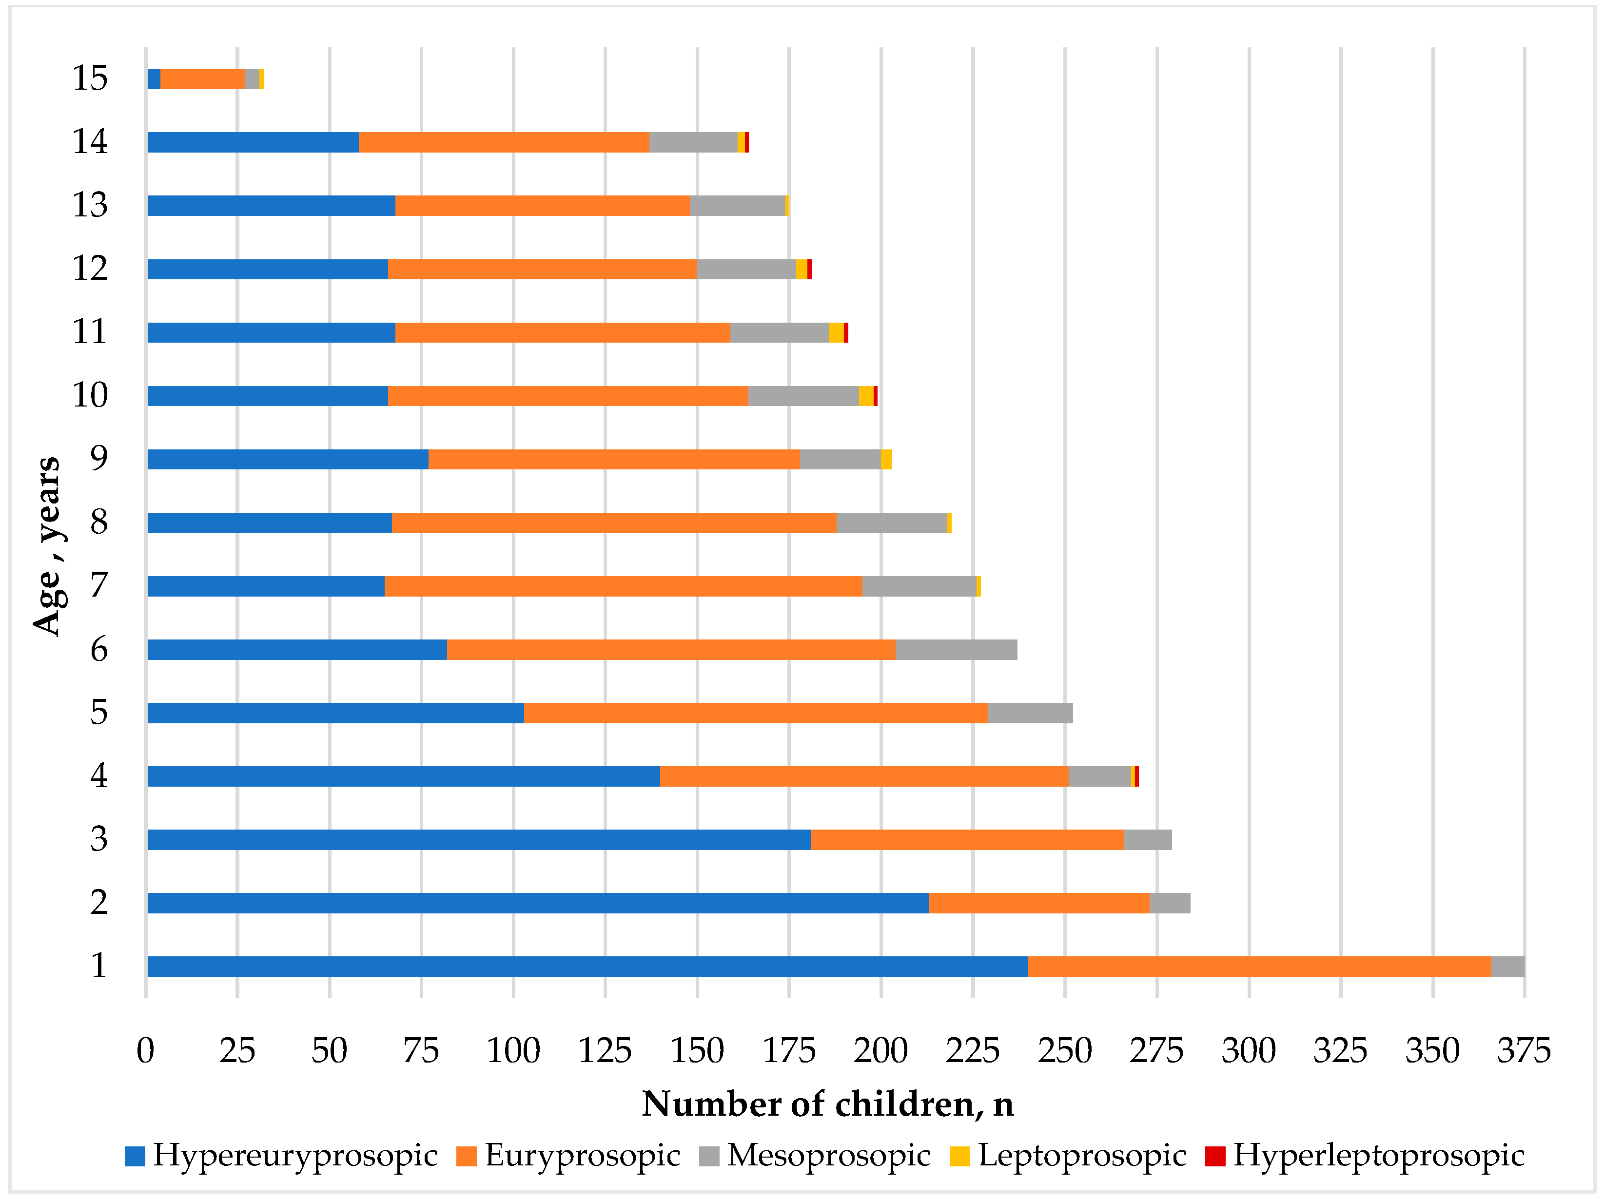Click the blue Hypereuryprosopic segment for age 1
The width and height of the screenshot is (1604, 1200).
click(587, 967)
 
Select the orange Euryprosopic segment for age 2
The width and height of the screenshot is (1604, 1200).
click(1038, 904)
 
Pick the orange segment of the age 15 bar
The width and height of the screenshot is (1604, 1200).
click(202, 79)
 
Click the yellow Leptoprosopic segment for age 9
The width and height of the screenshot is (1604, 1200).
click(886, 460)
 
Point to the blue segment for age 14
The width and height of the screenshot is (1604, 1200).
click(253, 142)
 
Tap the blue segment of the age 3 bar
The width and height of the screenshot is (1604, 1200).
click(479, 840)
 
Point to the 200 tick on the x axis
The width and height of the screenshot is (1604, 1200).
click(880, 1051)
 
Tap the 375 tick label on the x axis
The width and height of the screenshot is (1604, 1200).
click(1524, 1051)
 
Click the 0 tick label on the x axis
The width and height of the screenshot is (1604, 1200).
click(146, 1051)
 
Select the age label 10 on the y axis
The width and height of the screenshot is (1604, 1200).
click(90, 395)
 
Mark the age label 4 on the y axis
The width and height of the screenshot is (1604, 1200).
click(98, 776)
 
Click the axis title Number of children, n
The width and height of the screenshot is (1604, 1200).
click(827, 1104)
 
